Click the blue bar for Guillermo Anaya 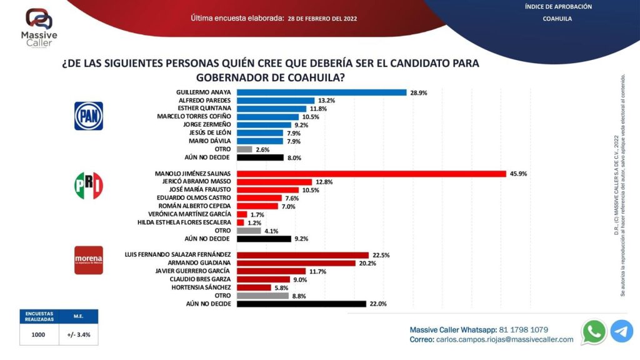coord(322,92)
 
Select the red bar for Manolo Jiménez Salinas coord(372,173)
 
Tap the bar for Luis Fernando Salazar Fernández coord(303,254)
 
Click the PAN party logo coord(89,116)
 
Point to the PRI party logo coord(89,186)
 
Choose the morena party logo coord(89,259)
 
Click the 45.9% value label coord(518,173)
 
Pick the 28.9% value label coord(419,92)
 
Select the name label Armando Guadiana coord(204,262)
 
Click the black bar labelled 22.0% coord(302,303)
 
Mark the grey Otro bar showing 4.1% coord(249,230)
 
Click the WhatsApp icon coord(593,332)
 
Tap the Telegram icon coord(621,331)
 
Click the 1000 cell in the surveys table coord(39,334)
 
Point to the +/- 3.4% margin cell coord(79,334)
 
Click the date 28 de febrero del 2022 coord(322,19)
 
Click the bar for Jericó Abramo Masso coord(274,181)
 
